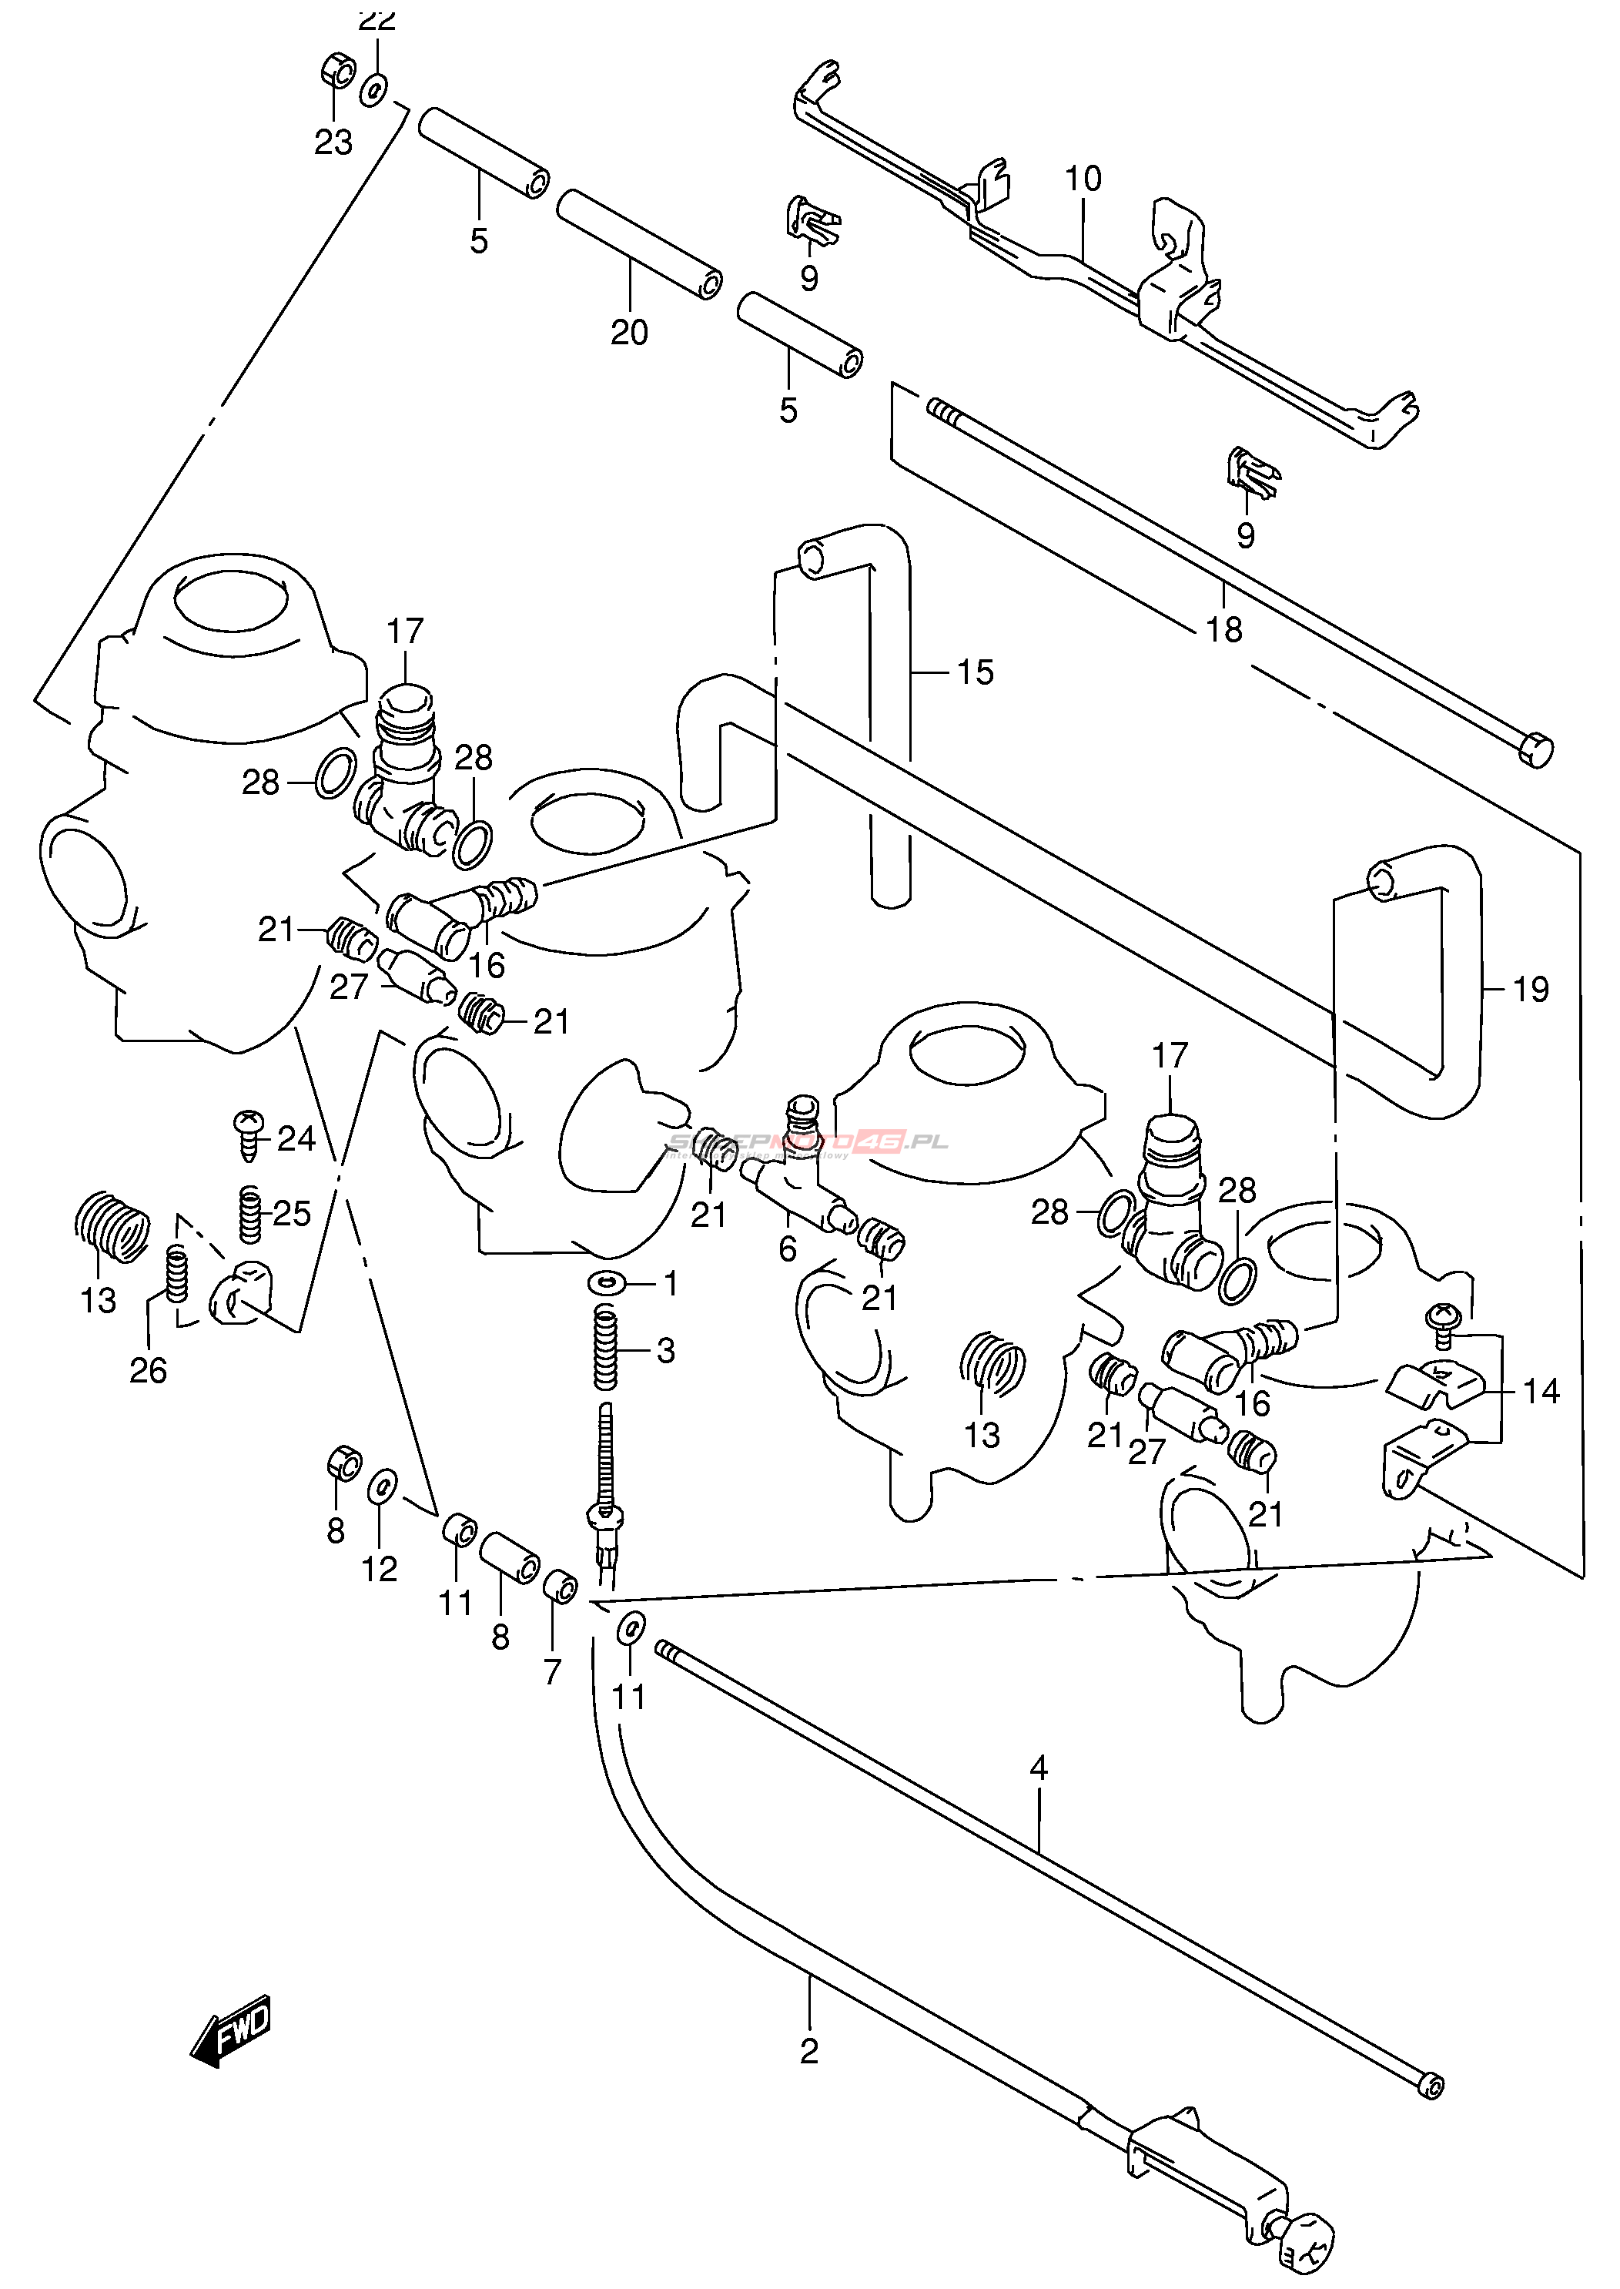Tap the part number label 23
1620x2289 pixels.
[x=333, y=142]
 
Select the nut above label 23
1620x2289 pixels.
[x=337, y=72]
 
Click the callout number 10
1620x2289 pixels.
[x=1083, y=179]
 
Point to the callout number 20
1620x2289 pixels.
[x=630, y=332]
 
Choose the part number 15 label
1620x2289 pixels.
[x=975, y=672]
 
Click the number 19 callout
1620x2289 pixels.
[x=1530, y=990]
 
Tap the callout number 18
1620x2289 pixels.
[x=1224, y=629]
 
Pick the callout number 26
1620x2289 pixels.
[x=148, y=1370]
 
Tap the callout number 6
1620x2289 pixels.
[x=788, y=1248]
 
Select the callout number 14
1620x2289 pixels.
[x=1541, y=1391]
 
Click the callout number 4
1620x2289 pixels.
[x=1039, y=1769]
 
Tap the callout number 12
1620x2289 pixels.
[x=379, y=1570]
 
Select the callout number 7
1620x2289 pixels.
[x=553, y=1671]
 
